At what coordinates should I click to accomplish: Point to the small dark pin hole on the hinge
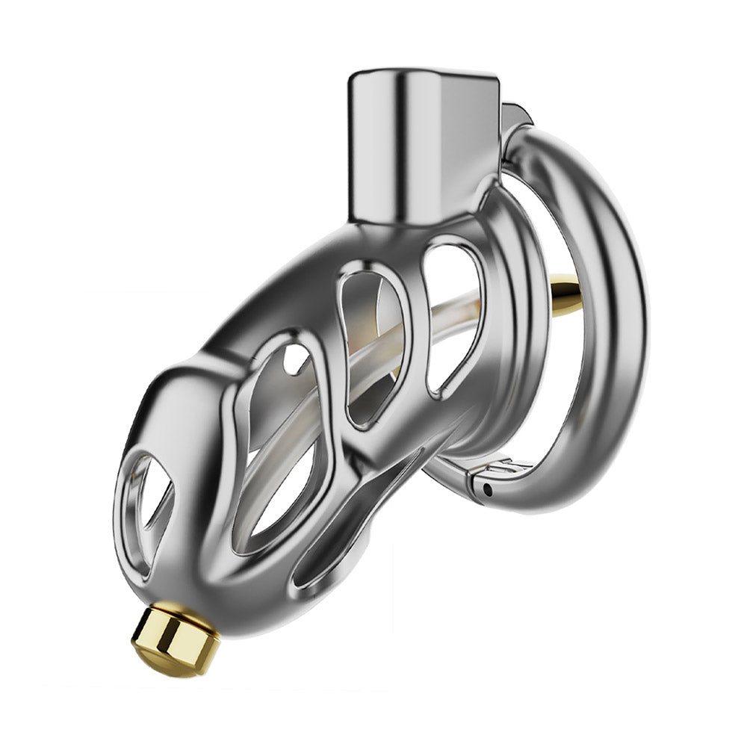pyautogui.click(x=487, y=491)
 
